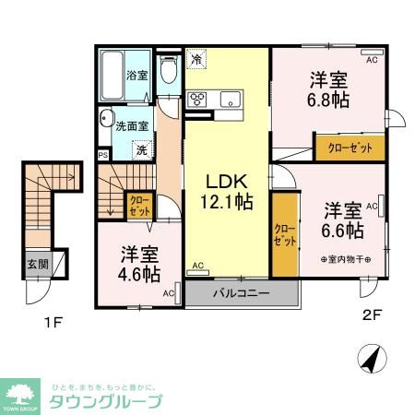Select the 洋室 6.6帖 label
coord(342,219)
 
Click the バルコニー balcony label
coord(241,293)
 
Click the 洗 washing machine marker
coord(141,148)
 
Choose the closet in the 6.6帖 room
coord(285,233)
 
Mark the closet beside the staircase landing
coord(139,204)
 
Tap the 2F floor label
coord(372,313)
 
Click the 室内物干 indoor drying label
coord(346,260)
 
